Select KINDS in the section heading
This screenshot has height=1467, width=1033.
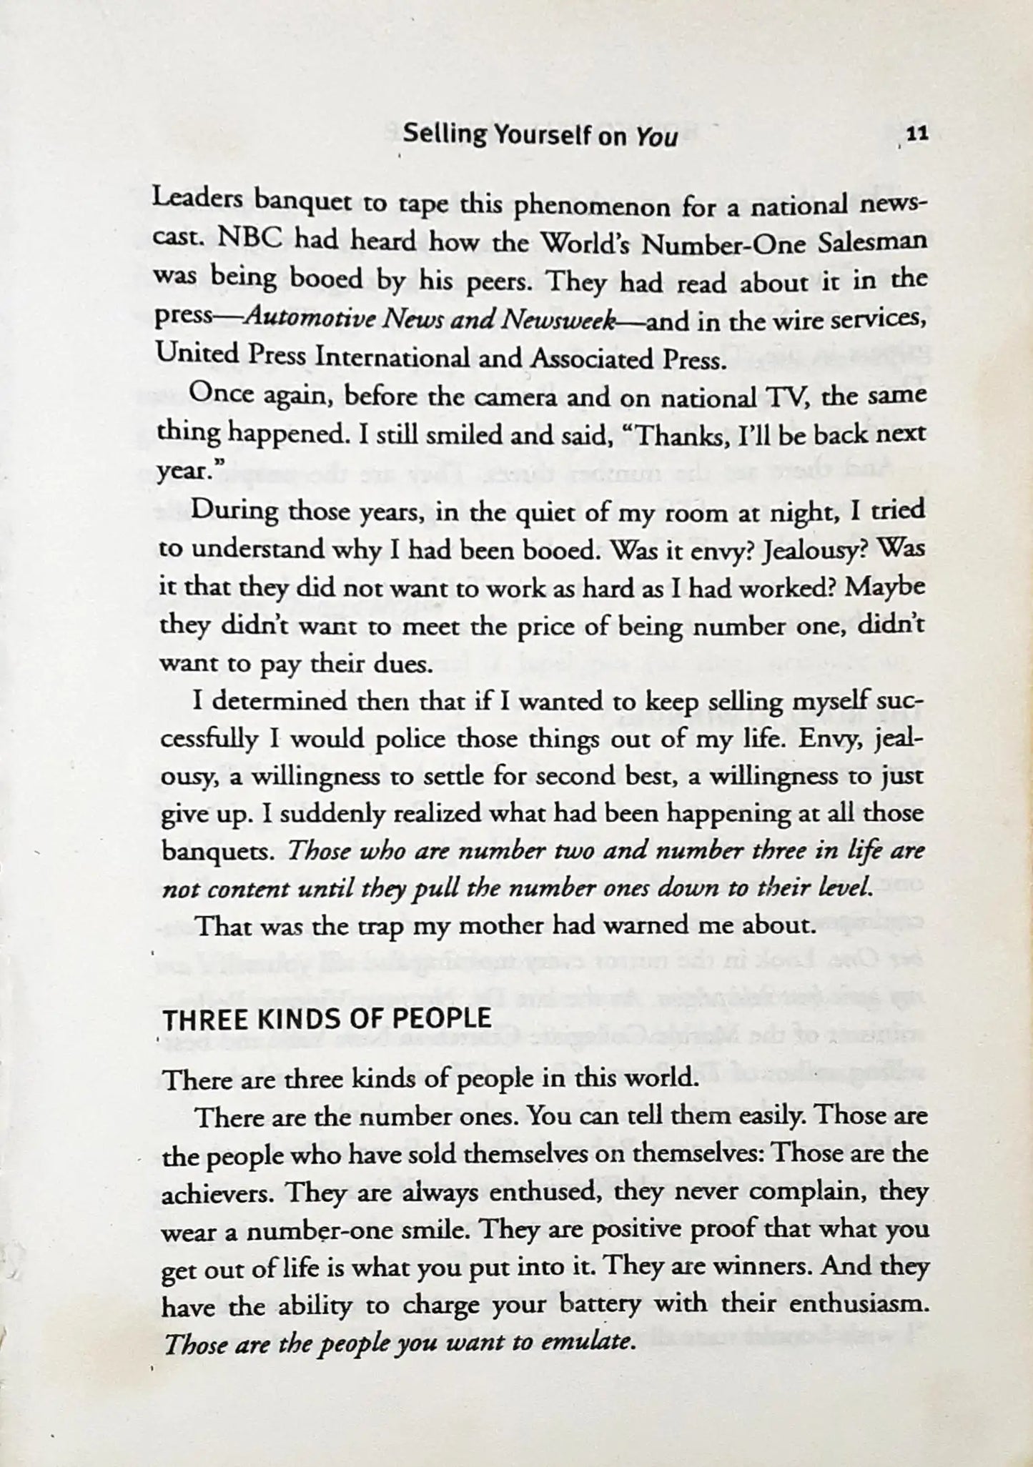[291, 1018]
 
